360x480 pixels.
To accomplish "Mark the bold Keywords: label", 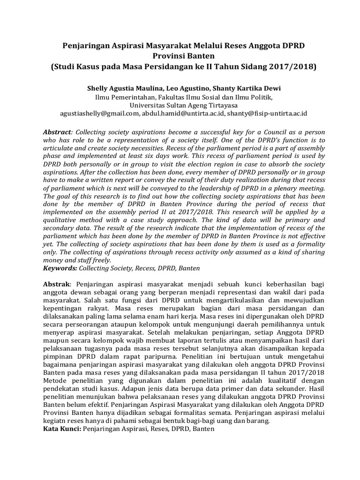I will [x=60, y=268].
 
